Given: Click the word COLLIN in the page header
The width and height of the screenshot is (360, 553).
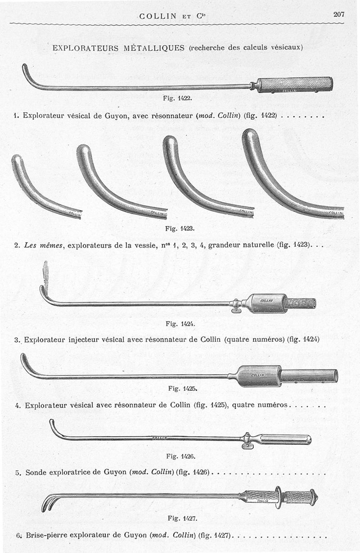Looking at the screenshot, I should click(x=158, y=16).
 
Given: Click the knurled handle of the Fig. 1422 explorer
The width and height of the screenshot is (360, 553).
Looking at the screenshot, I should click(x=295, y=83).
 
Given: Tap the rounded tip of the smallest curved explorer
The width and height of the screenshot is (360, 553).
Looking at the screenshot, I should click(x=17, y=160).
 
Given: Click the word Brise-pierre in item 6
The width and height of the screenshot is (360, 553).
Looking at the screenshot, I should click(x=49, y=535).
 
